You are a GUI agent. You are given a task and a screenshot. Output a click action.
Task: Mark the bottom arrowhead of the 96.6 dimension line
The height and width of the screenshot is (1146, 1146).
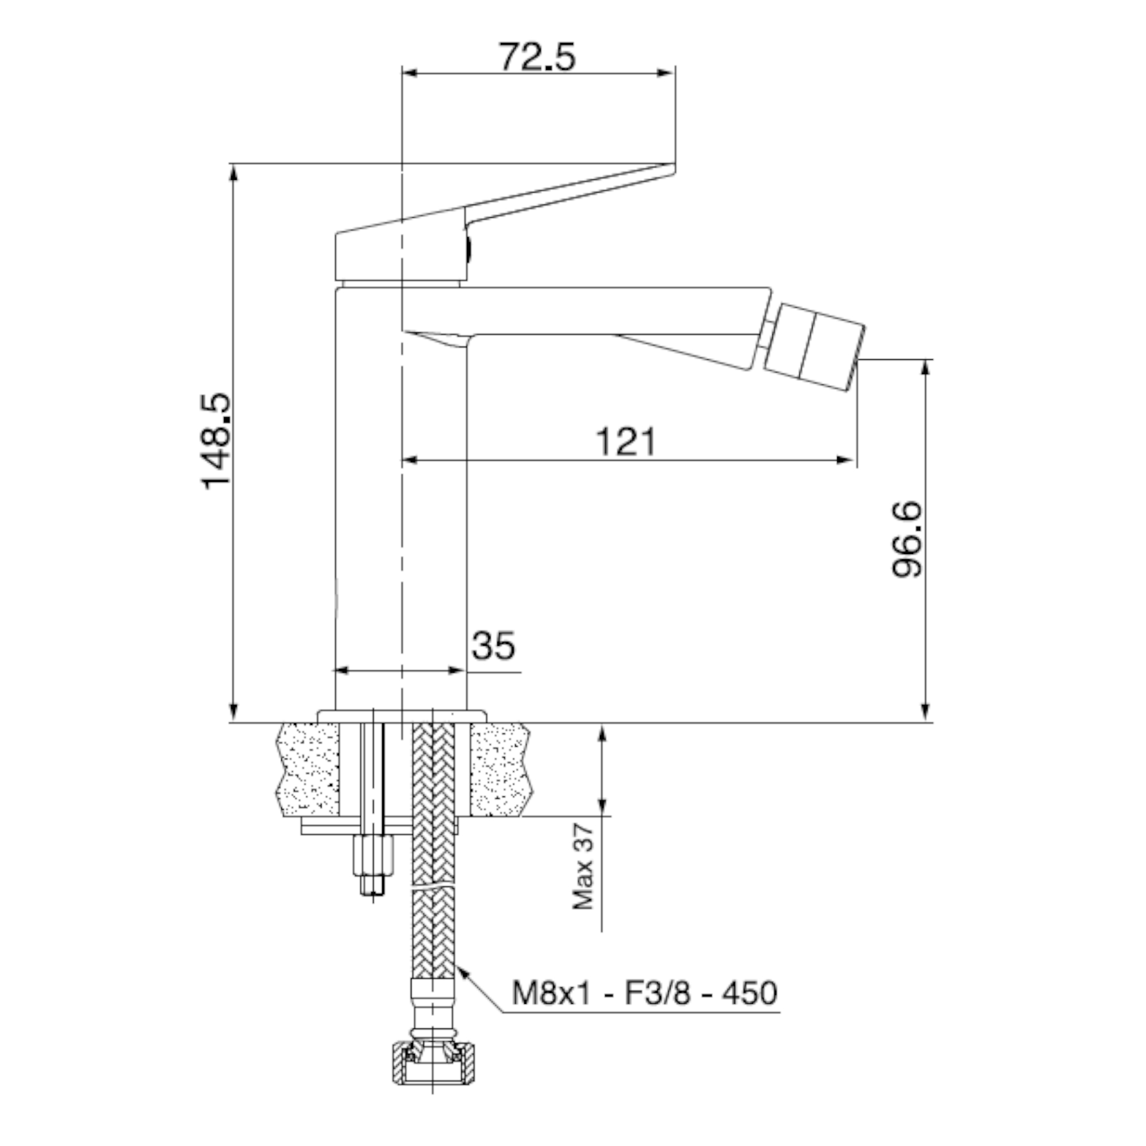tap(925, 713)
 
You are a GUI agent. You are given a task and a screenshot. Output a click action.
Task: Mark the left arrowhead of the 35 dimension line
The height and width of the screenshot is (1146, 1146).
tap(344, 671)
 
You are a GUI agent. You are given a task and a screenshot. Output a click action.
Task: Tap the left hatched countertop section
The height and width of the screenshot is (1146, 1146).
tap(308, 770)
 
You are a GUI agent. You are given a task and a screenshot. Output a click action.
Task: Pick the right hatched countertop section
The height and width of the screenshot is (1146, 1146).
tap(500, 770)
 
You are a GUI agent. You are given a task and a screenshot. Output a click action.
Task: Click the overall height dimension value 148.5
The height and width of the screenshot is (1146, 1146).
tap(215, 441)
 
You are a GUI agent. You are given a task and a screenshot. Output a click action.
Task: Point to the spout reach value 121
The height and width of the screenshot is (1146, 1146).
tap(626, 441)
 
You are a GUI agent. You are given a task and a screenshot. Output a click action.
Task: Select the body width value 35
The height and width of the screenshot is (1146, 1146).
tap(493, 645)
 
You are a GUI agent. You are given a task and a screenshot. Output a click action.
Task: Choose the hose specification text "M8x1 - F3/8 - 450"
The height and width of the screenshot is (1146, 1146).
tap(645, 993)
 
